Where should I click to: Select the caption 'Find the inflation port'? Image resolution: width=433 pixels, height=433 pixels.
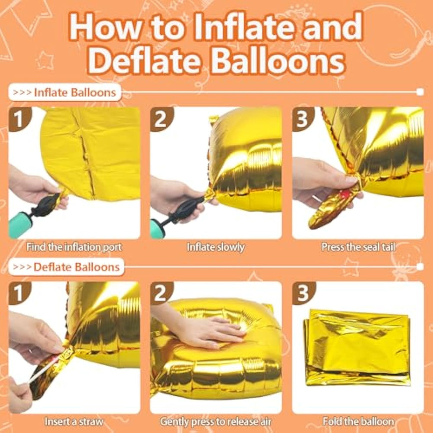tap(74, 247)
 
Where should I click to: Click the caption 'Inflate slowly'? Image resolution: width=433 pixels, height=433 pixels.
tap(215, 247)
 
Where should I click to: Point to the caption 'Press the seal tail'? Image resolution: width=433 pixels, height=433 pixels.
tap(358, 247)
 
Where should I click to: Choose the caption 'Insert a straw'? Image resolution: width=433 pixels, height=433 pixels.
tap(74, 421)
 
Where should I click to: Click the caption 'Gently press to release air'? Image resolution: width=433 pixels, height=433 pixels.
tap(215, 421)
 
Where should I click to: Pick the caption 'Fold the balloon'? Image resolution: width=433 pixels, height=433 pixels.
tap(358, 421)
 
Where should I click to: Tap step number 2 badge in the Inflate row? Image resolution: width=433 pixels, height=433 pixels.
tap(161, 119)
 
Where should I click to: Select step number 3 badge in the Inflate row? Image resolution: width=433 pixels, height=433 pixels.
tap(303, 119)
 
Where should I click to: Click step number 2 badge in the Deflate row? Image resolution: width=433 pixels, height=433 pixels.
tap(161, 293)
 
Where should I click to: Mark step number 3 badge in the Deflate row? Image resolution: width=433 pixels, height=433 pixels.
tap(303, 293)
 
